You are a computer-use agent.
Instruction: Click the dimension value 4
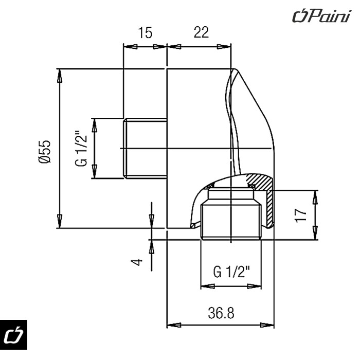point(135,262)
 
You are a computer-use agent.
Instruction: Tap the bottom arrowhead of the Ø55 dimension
point(60,221)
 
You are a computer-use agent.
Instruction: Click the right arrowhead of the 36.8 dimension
point(269,326)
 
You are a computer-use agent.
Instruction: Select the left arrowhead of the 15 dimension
point(129,46)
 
